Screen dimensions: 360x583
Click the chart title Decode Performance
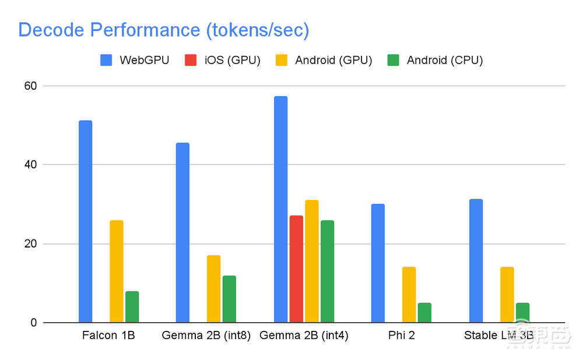[163, 30]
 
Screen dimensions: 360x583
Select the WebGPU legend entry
[135, 60]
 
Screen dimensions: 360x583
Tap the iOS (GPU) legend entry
[222, 60]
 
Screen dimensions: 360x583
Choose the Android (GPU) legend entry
[324, 60]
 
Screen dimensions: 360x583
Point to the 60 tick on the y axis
[30, 86]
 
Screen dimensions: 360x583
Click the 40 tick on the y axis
[30, 165]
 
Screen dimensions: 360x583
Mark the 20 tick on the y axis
[30, 243]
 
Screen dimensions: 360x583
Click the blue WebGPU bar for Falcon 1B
[85, 221]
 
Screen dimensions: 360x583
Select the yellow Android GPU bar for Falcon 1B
[117, 271]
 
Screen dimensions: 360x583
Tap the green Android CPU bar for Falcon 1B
[132, 307]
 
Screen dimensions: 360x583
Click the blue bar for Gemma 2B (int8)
[182, 232]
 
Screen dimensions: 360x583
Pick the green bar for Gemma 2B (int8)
[229, 299]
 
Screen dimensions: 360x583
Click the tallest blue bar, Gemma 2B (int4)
[280, 210]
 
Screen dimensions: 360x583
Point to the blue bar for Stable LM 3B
[476, 261]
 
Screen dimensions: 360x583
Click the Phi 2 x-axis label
[401, 336]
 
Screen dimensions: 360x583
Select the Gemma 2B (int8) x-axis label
[206, 336]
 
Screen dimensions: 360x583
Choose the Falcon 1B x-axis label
[108, 336]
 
